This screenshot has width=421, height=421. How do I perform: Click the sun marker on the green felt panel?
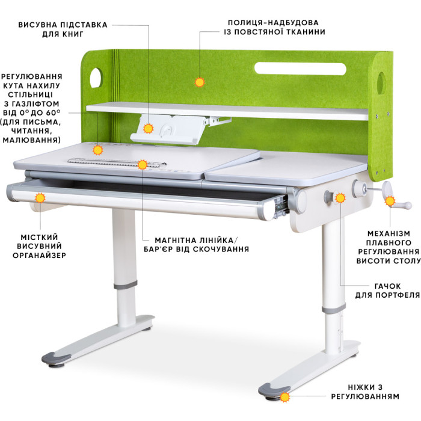click(x=200, y=82)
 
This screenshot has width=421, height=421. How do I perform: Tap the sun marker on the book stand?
click(x=148, y=129)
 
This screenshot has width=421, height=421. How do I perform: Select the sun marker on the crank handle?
click(x=390, y=201)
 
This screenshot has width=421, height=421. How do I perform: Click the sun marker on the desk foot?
click(x=284, y=397)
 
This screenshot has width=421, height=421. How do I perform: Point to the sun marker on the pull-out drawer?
click(x=40, y=198)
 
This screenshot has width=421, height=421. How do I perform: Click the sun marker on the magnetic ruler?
click(x=143, y=164)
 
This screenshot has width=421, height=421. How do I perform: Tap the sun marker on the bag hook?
click(x=340, y=198)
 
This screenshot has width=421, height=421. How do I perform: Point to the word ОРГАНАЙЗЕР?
click(x=39, y=256)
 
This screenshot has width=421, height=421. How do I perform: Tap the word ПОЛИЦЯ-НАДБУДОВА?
click(x=273, y=23)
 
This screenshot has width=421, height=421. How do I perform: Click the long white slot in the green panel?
click(x=300, y=69)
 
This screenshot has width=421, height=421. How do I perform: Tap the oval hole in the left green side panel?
click(x=96, y=78)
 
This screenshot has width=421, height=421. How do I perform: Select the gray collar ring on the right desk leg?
click(x=334, y=309)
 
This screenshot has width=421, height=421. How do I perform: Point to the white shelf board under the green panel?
click(x=227, y=111)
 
